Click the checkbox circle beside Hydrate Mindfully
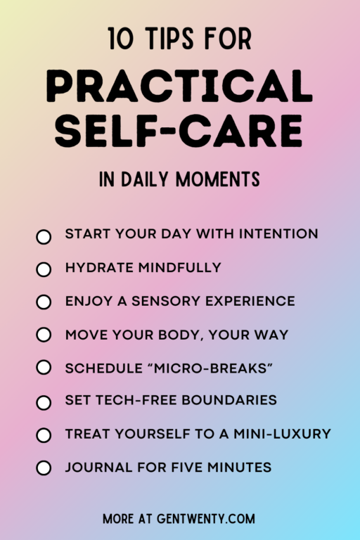click(44, 269)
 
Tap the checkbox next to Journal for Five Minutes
click(44, 468)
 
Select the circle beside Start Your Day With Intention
click(44, 236)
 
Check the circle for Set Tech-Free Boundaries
click(44, 402)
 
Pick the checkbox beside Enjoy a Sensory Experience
click(44, 302)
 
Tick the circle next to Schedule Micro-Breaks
click(44, 368)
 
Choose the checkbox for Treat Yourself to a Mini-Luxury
click(44, 435)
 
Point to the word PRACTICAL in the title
click(180, 88)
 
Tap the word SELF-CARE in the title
click(180, 131)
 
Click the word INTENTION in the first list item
click(278, 233)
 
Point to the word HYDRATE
click(97, 267)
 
